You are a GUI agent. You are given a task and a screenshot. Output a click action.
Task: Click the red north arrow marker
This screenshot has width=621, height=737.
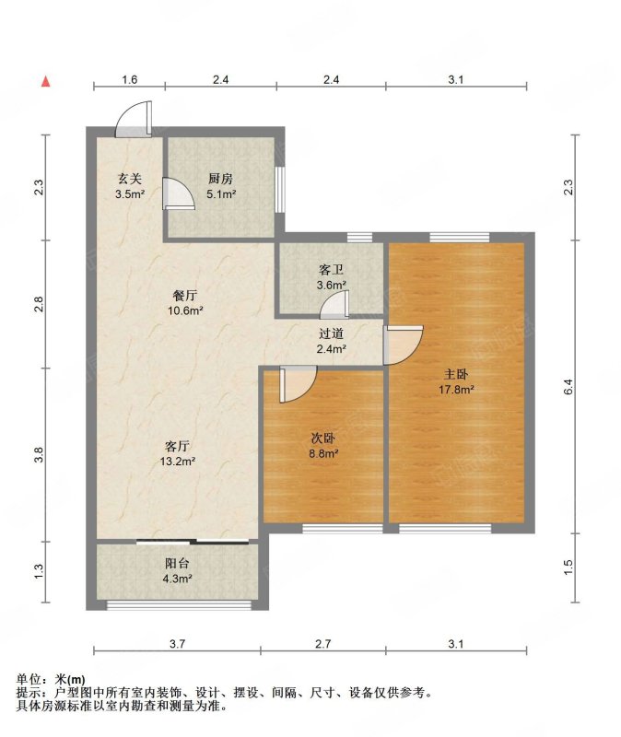coord(45,81)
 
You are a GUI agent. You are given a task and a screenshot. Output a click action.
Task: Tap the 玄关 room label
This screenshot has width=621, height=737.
coord(129,179)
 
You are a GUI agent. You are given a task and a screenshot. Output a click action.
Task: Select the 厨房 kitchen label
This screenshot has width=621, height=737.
coord(220,179)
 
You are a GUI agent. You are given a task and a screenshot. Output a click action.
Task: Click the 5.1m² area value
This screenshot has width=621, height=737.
coord(221,193)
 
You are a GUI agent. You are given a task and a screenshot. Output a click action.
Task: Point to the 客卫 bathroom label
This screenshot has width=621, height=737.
coord(331,270)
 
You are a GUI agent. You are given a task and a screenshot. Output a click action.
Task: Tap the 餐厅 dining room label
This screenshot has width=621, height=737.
coord(185,296)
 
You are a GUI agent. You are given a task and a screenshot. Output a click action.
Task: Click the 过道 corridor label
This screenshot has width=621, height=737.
coord(331,333)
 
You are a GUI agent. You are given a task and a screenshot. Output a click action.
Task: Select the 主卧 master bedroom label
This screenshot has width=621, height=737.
coord(456,374)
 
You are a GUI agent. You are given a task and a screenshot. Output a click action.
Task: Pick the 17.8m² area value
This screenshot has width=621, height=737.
coord(456,389)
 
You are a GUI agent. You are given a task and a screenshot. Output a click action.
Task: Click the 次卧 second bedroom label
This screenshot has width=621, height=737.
coord(323,439)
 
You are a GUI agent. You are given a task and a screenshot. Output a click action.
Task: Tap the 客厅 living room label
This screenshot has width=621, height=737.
coord(177,446)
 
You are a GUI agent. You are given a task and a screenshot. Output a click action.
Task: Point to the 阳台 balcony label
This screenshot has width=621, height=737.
coord(177,563)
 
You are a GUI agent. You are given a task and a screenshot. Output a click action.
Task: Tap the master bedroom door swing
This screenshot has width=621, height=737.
coord(414,350)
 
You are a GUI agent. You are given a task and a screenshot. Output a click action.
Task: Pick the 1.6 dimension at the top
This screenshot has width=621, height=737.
coord(129,79)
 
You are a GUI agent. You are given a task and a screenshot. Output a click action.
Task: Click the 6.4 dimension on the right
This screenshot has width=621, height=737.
coord(568,386)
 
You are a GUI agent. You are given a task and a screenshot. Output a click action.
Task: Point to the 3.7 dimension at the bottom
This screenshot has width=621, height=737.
coord(177,643)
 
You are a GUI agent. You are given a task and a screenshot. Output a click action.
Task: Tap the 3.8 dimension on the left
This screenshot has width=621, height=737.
coord(39,454)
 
